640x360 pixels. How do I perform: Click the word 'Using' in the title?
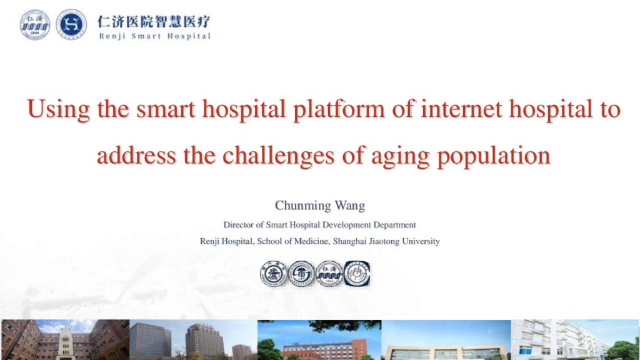(x=58, y=109)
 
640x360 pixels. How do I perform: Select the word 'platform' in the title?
(x=339, y=109)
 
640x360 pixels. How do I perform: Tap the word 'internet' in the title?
(x=461, y=109)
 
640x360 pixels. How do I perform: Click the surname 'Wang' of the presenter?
(x=350, y=205)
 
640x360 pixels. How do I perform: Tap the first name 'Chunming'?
(x=302, y=205)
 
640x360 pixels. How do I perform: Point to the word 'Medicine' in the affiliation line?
(x=311, y=241)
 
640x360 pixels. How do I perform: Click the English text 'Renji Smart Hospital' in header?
(x=155, y=36)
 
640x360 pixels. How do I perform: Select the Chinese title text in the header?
(x=154, y=21)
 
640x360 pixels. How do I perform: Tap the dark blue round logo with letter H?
(x=71, y=24)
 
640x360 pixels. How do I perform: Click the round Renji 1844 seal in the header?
(x=35, y=25)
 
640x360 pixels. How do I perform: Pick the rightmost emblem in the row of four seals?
(x=357, y=274)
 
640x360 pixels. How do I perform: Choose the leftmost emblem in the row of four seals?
(x=274, y=274)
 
